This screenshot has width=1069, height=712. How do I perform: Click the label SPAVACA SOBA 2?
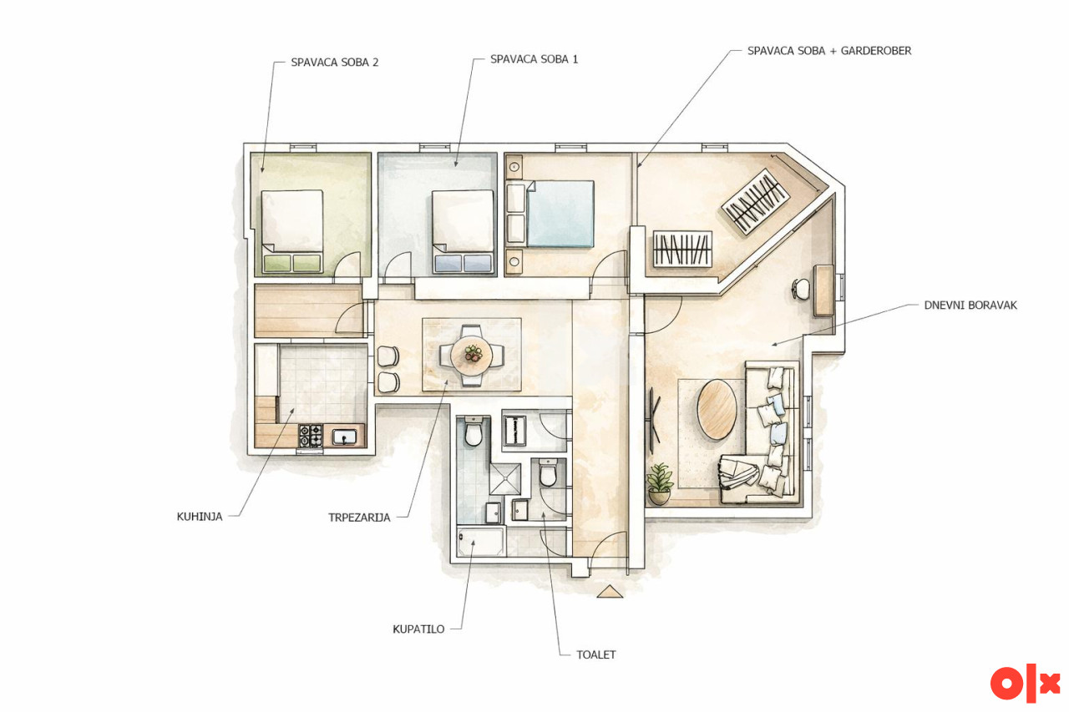pyautogui.click(x=335, y=63)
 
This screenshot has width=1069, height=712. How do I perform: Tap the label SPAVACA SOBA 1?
pyautogui.click(x=534, y=59)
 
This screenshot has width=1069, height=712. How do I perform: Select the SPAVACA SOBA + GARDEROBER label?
pyautogui.click(x=829, y=51)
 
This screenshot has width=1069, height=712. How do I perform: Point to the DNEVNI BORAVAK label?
pyautogui.click(x=970, y=306)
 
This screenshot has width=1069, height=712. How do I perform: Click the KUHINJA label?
pyautogui.click(x=200, y=517)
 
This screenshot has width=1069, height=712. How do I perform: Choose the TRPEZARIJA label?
pyautogui.click(x=359, y=518)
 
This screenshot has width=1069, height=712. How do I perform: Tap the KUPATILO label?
pyautogui.click(x=418, y=629)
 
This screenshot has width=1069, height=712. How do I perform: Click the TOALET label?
pyautogui.click(x=596, y=654)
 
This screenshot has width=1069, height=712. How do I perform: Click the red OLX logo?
pyautogui.click(x=1025, y=684)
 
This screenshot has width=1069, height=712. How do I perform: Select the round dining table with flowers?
pyautogui.click(x=472, y=355)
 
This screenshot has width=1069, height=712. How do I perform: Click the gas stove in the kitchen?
pyautogui.click(x=310, y=436)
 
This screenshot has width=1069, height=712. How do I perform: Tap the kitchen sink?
pyautogui.click(x=344, y=437)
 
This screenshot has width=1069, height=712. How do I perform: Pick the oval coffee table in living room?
pyautogui.click(x=717, y=409)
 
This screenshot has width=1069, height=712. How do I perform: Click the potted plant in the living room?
pyautogui.click(x=660, y=483)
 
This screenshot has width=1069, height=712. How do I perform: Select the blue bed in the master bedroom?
pyautogui.click(x=560, y=214)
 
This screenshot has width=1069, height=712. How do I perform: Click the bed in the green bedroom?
pyautogui.click(x=292, y=231)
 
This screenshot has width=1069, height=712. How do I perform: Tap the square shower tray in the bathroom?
pyautogui.click(x=505, y=479)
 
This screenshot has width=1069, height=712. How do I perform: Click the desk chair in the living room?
pyautogui.click(x=801, y=289)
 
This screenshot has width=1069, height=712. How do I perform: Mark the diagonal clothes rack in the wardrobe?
pyautogui.click(x=754, y=202)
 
